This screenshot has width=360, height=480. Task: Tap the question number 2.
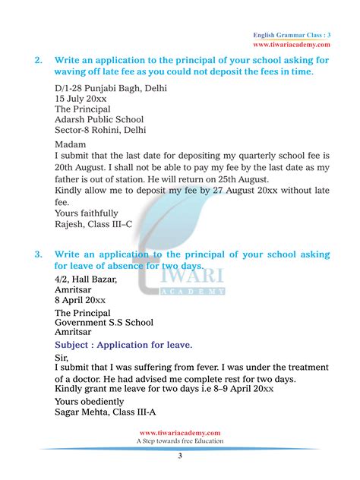[x=38, y=60]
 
